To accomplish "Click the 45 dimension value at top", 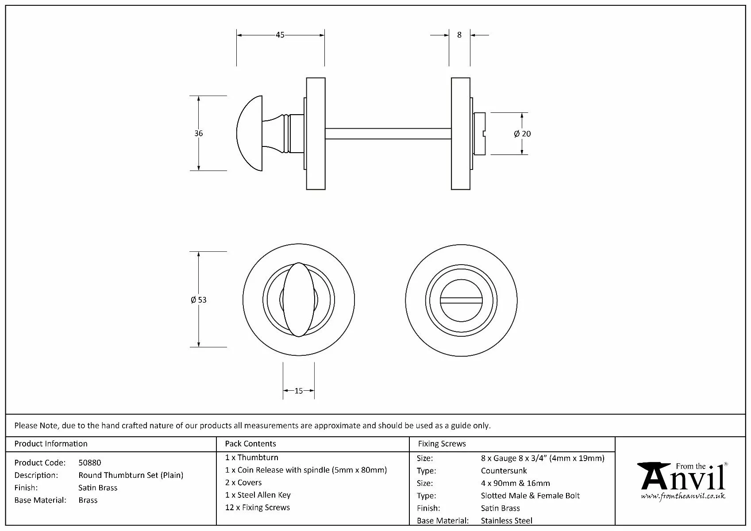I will pyautogui.click(x=280, y=35).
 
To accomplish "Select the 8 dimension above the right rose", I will pyautogui.click(x=459, y=35).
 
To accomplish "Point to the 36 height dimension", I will pyautogui.click(x=199, y=133).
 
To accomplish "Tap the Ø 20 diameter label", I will pyautogui.click(x=522, y=134).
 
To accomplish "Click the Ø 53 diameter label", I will pyautogui.click(x=199, y=300).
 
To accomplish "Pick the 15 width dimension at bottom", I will pyautogui.click(x=299, y=391).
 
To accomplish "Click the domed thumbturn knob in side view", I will pyautogui.click(x=250, y=133).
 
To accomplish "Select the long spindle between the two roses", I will pyautogui.click(x=388, y=134).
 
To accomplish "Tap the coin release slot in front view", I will pyautogui.click(x=461, y=300).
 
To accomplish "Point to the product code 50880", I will pyautogui.click(x=89, y=463).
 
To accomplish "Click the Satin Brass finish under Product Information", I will pyautogui.click(x=98, y=488).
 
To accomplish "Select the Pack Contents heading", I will pyautogui.click(x=250, y=444).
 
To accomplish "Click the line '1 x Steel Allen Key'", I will pyautogui.click(x=258, y=495).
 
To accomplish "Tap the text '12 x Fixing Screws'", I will pyautogui.click(x=257, y=508).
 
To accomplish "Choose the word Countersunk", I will pyautogui.click(x=504, y=471).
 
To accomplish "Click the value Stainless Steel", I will pyautogui.click(x=507, y=521).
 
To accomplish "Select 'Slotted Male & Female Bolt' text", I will pyautogui.click(x=530, y=496).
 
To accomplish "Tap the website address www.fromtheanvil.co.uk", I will pyautogui.click(x=683, y=496).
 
